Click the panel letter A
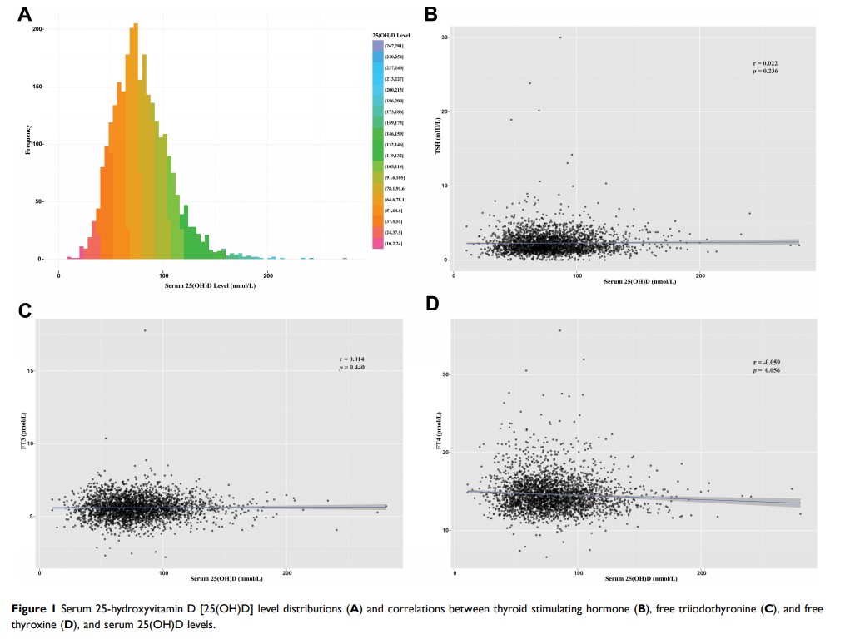click(25, 14)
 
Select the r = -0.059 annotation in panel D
click(766, 363)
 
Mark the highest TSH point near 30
click(560, 37)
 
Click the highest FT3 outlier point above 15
click(145, 330)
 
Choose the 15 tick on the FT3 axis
click(30, 370)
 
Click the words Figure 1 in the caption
click(34, 609)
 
